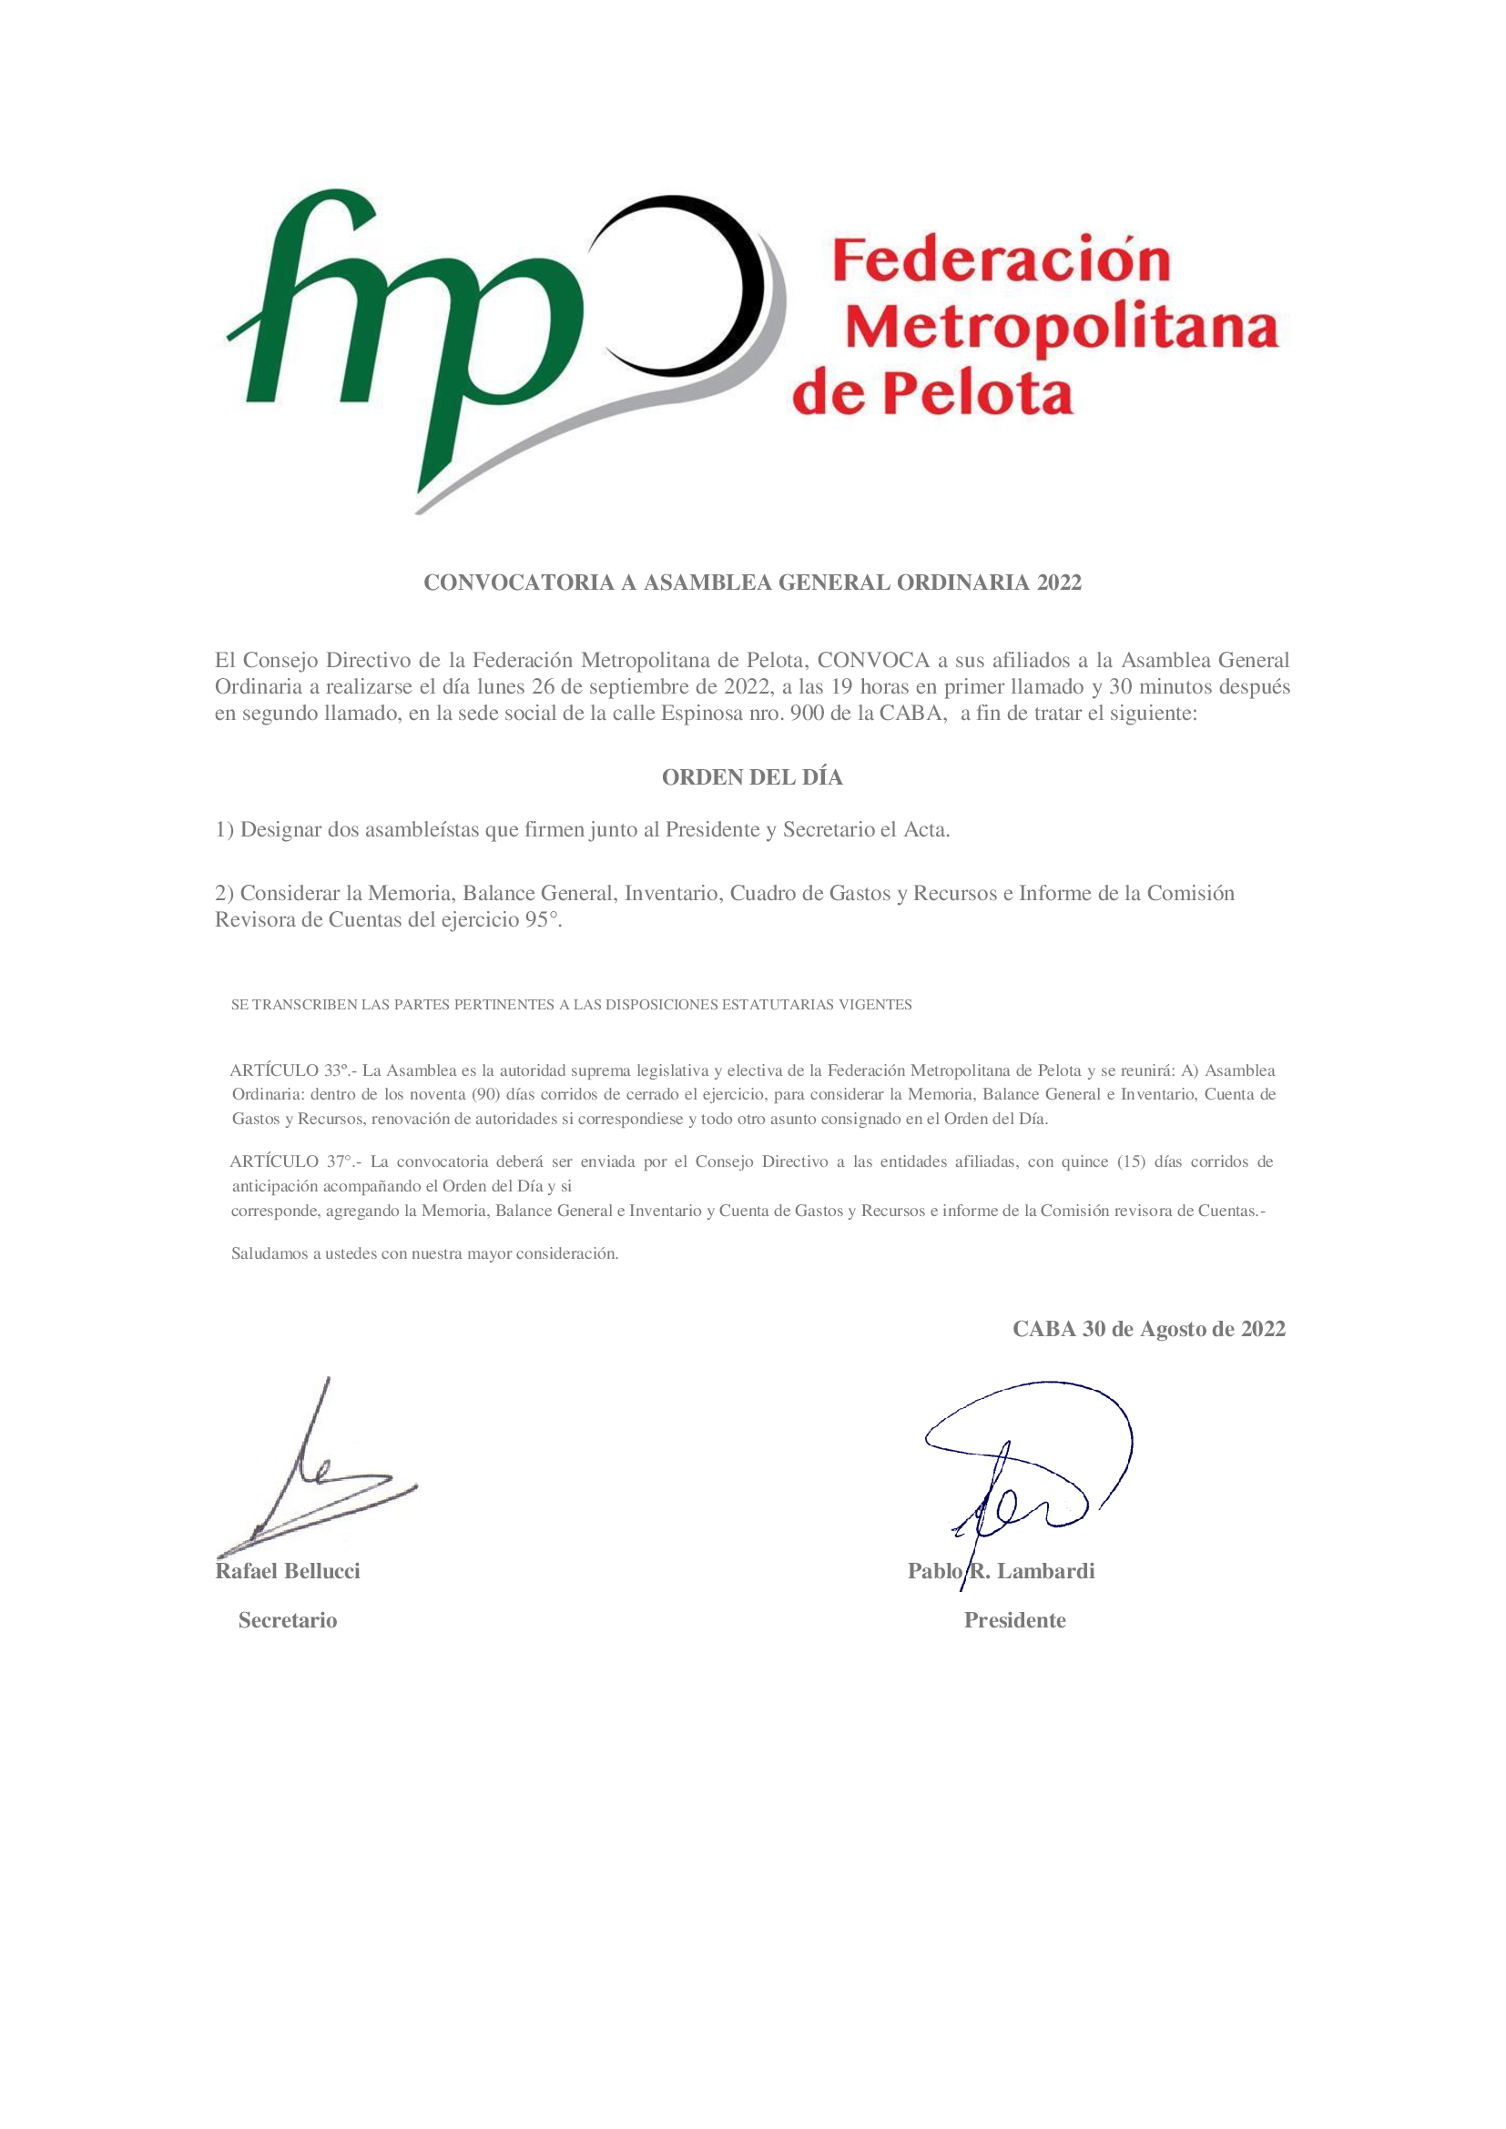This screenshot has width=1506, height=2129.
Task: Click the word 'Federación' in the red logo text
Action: click(x=1001, y=260)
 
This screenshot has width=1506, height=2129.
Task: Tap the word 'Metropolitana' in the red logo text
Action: click(x=1062, y=329)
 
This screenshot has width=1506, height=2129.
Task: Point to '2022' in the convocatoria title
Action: click(x=1059, y=583)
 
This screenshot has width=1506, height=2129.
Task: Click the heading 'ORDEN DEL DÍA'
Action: click(x=752, y=777)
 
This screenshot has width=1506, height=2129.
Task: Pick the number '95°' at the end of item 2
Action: click(x=544, y=921)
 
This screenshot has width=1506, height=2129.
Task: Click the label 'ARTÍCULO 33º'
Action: click(x=291, y=1070)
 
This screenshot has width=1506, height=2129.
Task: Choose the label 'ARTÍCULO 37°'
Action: click(x=291, y=1161)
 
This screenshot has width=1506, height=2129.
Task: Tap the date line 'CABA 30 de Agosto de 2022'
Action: click(x=1148, y=1329)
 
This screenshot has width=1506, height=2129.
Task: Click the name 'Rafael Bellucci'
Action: click(x=289, y=1571)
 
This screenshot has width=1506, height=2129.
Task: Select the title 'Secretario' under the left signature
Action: click(x=288, y=1620)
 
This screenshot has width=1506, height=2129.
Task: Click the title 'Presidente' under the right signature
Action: click(x=1014, y=1620)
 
